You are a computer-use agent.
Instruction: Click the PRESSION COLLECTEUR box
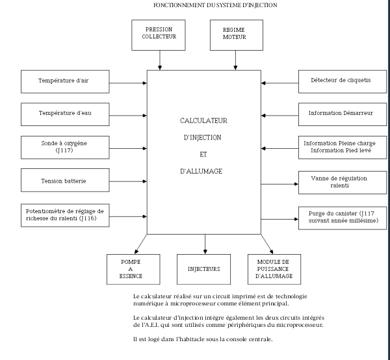(x=159, y=34)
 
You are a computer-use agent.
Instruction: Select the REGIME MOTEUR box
(x=235, y=34)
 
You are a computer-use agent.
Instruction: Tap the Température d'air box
(x=64, y=82)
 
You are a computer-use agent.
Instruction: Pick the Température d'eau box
(x=64, y=113)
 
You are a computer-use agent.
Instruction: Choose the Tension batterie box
(x=64, y=180)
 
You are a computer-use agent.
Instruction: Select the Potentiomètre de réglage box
(x=64, y=214)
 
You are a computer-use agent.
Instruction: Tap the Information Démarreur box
(x=341, y=113)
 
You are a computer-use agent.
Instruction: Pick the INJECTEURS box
(x=204, y=269)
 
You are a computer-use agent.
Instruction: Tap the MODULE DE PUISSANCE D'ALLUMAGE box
(x=274, y=269)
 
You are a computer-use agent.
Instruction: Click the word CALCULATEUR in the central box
(x=204, y=121)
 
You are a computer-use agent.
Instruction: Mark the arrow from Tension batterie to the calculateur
(x=127, y=181)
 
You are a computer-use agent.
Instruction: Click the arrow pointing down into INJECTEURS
(x=205, y=244)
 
